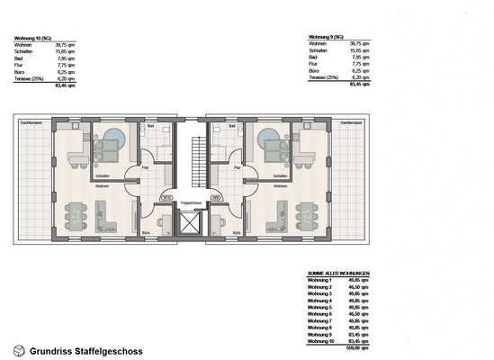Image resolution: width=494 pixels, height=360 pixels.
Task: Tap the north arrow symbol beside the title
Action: tap(19, 350)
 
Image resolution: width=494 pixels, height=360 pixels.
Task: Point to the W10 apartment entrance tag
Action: tap(166, 197)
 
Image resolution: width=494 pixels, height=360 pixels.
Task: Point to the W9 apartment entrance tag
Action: tap(216, 197)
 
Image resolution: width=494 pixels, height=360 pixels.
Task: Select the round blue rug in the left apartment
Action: tap(113, 140)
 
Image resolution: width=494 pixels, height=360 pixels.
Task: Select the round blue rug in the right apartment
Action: tap(268, 140)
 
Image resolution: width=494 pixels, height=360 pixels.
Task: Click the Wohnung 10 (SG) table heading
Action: tap(33, 39)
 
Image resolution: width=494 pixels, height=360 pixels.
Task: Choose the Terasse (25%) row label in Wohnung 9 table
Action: tap(326, 78)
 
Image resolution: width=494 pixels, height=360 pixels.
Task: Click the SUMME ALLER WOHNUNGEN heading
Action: tap(338, 274)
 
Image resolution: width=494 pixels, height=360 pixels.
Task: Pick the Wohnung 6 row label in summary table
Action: tap(320, 314)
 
